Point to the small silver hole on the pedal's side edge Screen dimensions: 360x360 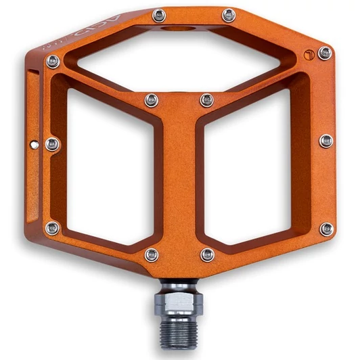(x=34, y=143)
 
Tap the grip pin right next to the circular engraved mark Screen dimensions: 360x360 (x=325, y=53)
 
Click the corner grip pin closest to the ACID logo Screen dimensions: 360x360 (x=53, y=62)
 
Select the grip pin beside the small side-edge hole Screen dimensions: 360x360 (x=52, y=143)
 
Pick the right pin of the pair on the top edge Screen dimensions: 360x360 (x=229, y=15)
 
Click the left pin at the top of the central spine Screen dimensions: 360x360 (x=152, y=100)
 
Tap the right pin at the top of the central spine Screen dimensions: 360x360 (x=207, y=100)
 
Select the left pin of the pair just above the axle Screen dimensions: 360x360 (x=152, y=254)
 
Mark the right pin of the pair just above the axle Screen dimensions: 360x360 (x=208, y=254)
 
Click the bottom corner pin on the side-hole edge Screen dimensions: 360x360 (x=52, y=228)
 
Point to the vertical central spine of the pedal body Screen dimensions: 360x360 (x=179, y=183)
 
